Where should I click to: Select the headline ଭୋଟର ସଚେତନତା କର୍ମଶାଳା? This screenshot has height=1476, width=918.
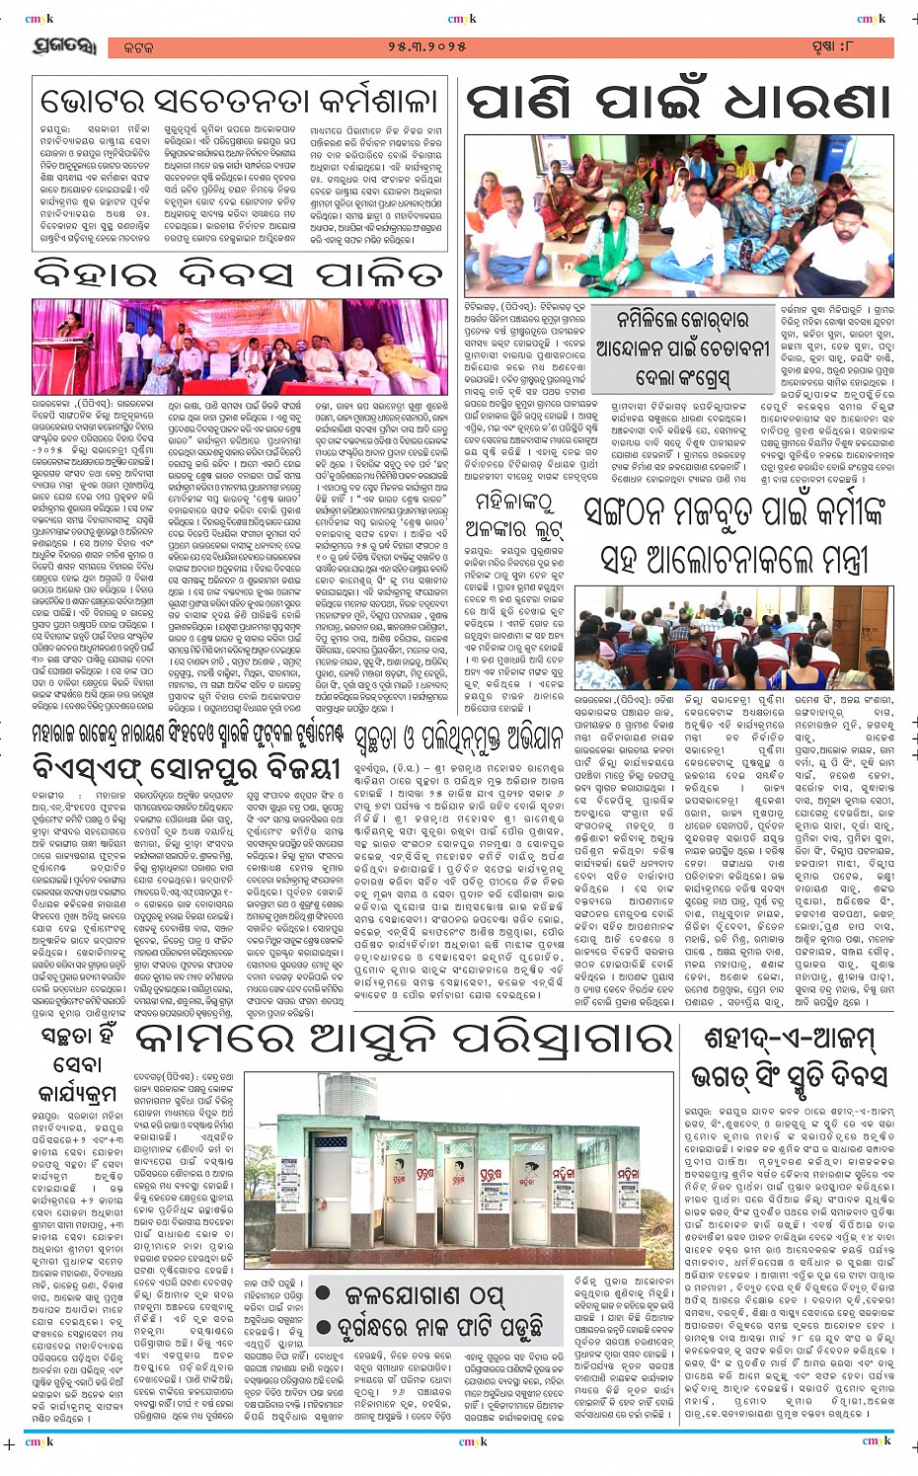pyautogui.click(x=238, y=102)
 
